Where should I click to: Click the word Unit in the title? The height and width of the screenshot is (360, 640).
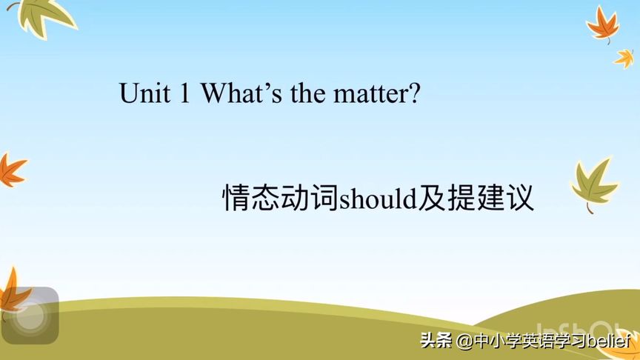144,93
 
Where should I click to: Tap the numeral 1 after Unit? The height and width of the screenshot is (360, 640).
184,93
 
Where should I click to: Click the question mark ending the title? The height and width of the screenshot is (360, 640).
413,93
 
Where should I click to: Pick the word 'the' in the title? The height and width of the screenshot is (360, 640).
307,93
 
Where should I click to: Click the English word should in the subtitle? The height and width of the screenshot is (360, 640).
378,199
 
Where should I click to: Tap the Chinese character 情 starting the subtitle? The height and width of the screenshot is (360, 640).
236,198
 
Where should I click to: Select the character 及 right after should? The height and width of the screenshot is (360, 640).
431,198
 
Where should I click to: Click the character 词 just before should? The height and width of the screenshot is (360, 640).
324,198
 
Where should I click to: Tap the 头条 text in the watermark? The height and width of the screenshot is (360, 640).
436,341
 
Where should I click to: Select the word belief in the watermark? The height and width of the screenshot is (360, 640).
609,341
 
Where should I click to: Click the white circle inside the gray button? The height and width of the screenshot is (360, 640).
30,316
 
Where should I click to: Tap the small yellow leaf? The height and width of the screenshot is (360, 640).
624,59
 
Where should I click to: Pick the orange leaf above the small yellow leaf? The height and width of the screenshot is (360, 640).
603,24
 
